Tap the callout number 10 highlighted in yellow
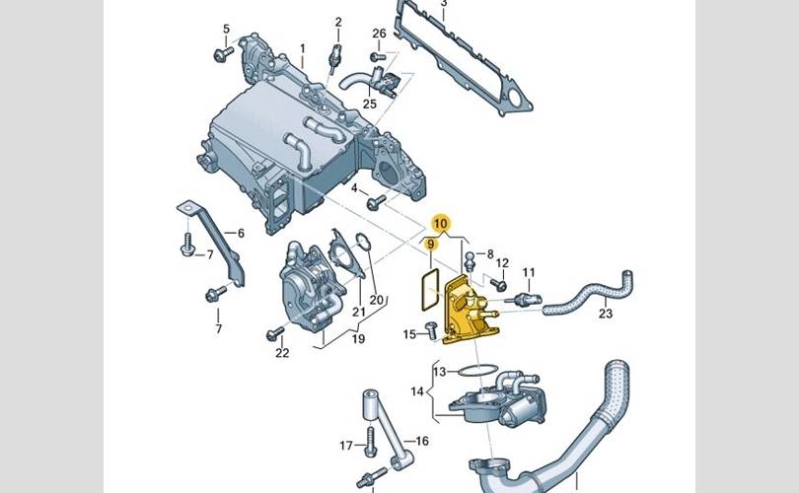point(441,224)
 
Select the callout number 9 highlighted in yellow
point(429,244)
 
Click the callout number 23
point(606,315)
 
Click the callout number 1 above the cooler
point(304,47)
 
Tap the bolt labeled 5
point(222,53)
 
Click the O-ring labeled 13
point(474,370)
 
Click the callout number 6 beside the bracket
point(238,234)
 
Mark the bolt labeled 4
point(376,202)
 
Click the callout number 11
point(528,272)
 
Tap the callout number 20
point(376,299)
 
